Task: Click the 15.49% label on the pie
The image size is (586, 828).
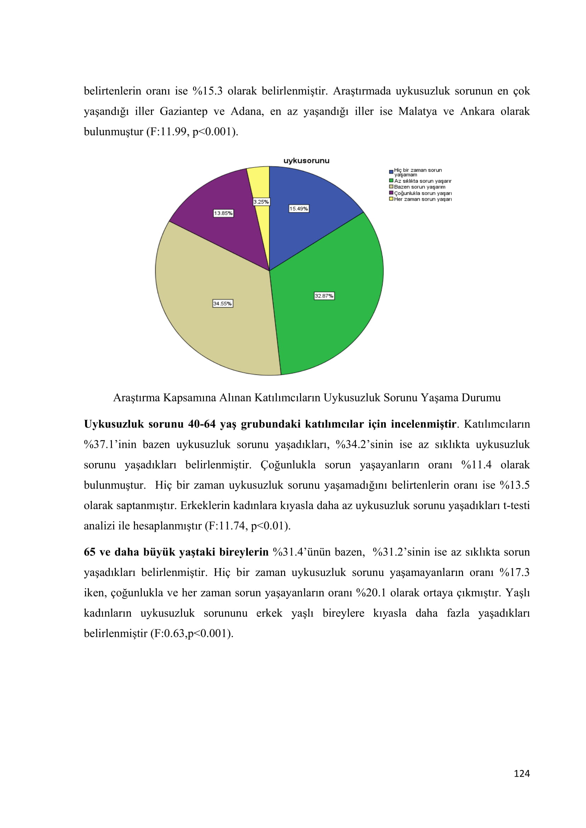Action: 298,209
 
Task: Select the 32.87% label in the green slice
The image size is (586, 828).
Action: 324,296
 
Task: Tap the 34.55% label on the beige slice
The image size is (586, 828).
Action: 222,304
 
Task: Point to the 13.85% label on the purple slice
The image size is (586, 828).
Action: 223,213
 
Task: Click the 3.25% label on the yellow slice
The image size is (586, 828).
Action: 261,202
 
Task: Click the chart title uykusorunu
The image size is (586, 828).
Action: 306,161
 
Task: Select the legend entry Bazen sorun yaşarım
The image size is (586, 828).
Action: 419,187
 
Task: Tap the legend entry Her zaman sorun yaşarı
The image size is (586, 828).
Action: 423,199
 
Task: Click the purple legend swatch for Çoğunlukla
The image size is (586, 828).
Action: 391,193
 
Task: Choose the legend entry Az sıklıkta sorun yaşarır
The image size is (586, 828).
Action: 423,181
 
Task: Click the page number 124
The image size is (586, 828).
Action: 522,773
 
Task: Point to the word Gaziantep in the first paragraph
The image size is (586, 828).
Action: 183,112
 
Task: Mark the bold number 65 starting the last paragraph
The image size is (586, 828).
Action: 90,552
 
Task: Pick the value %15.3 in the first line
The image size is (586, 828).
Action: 208,91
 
